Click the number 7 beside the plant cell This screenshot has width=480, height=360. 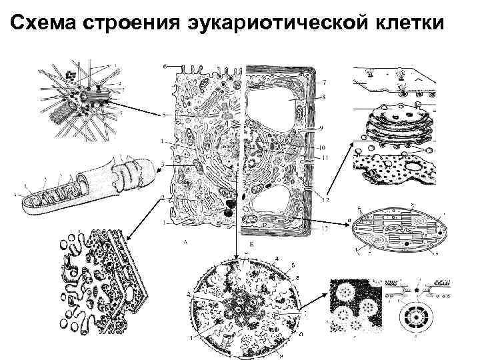324,82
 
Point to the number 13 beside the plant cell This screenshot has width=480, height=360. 325,228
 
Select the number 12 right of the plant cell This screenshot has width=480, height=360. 325,199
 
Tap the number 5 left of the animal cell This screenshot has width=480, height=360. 163,115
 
